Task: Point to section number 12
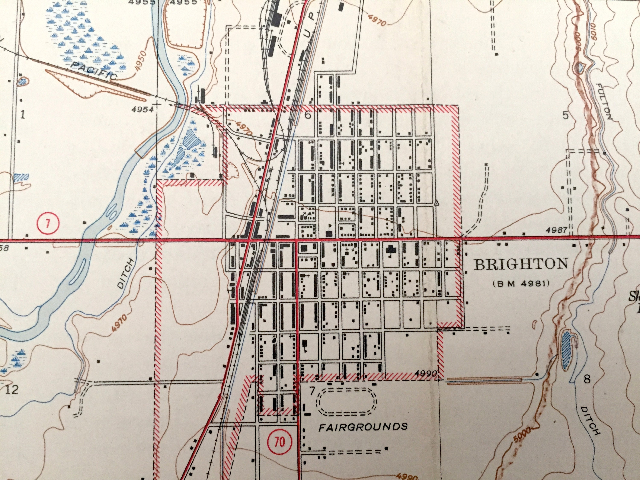point(12,390)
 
